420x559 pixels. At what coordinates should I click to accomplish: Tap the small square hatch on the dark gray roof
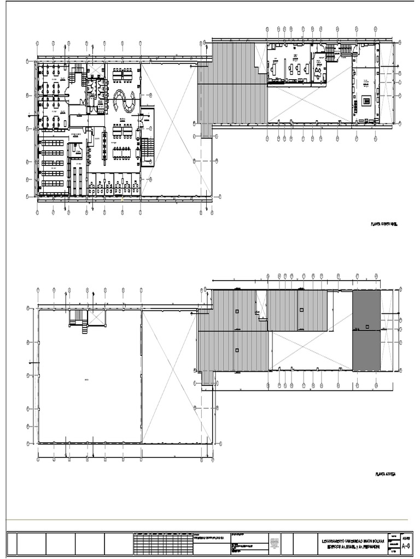click(367, 326)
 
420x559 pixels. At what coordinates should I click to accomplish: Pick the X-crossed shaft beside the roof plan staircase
click(97, 318)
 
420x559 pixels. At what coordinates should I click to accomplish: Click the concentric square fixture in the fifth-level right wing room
click(366, 101)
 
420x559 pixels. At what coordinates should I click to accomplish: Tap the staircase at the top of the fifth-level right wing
click(346, 50)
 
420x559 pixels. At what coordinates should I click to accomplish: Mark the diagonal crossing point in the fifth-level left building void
click(176, 127)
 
